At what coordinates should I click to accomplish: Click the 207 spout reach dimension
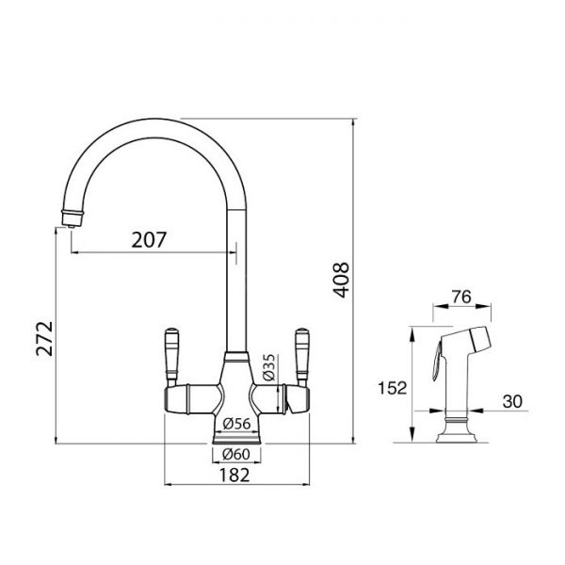149,239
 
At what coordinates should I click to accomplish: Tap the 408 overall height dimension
341,280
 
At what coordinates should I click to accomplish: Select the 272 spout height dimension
44,338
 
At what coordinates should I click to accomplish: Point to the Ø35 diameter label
268,367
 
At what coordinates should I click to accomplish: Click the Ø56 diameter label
236,424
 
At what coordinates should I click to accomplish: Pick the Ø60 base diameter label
236,454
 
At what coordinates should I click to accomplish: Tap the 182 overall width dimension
234,475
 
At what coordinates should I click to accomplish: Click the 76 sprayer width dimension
461,297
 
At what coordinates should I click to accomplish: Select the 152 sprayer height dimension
392,388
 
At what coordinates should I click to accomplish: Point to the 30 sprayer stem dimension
512,401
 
